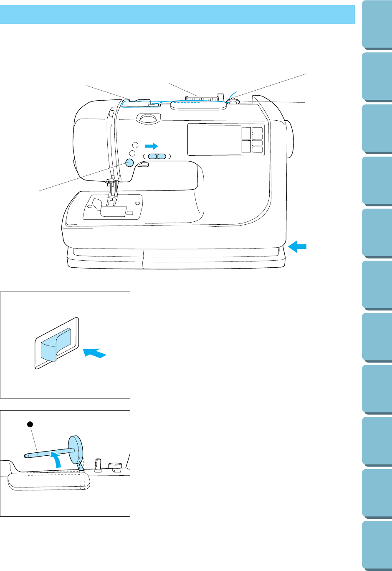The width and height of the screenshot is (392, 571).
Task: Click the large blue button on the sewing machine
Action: point(129,162)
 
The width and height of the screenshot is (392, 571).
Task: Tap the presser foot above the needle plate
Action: point(111,201)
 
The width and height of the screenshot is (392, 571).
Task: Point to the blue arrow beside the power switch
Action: point(95,353)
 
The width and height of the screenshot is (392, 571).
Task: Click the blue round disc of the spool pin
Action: point(76,449)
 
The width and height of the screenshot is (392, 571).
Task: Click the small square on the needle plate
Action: point(130,213)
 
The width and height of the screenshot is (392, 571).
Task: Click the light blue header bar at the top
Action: point(177,14)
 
